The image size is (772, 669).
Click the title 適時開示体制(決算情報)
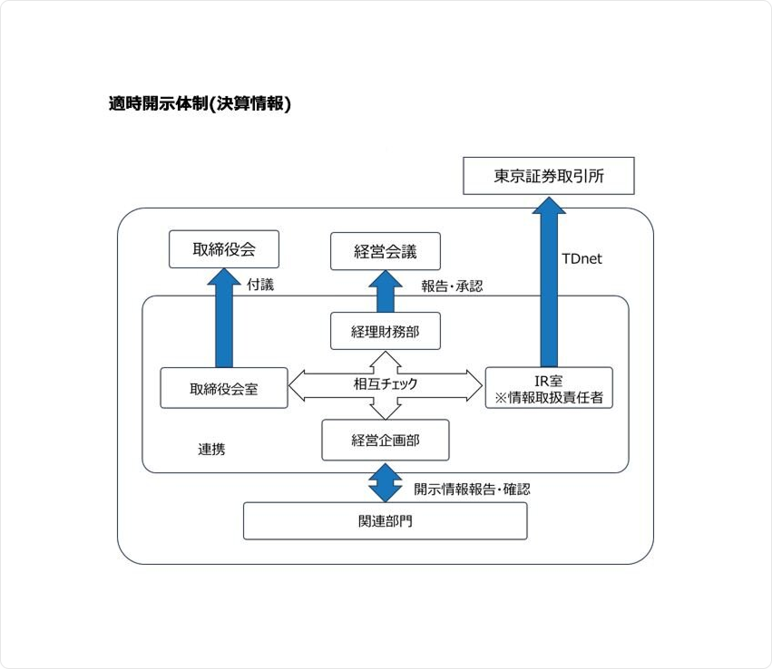200,104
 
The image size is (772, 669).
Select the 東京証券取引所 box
548,176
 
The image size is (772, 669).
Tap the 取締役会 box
223,249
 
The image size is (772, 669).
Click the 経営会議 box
385,251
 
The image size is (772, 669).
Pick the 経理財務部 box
385,332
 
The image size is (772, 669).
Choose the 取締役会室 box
223,388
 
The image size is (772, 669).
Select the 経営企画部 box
385,441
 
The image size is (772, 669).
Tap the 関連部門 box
385,521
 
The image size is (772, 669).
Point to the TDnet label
581,258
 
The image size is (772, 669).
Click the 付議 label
260,285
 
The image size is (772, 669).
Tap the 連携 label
211,449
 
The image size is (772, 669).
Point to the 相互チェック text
386,384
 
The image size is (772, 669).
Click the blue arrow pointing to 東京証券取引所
548,281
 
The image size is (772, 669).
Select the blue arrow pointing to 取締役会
223,317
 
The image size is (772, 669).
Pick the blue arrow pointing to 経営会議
385,292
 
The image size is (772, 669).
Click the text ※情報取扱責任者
549,396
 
